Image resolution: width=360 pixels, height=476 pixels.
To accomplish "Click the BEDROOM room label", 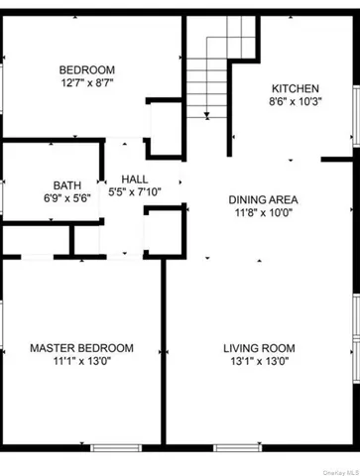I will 81,69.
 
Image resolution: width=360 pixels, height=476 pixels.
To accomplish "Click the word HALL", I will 135,178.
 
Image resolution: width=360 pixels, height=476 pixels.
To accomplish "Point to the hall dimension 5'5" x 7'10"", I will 135,192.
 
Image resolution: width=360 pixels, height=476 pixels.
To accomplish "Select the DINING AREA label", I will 264,198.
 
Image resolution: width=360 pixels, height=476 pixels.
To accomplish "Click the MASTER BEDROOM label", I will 81,348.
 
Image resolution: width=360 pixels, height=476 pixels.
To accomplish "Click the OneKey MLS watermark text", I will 334,470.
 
